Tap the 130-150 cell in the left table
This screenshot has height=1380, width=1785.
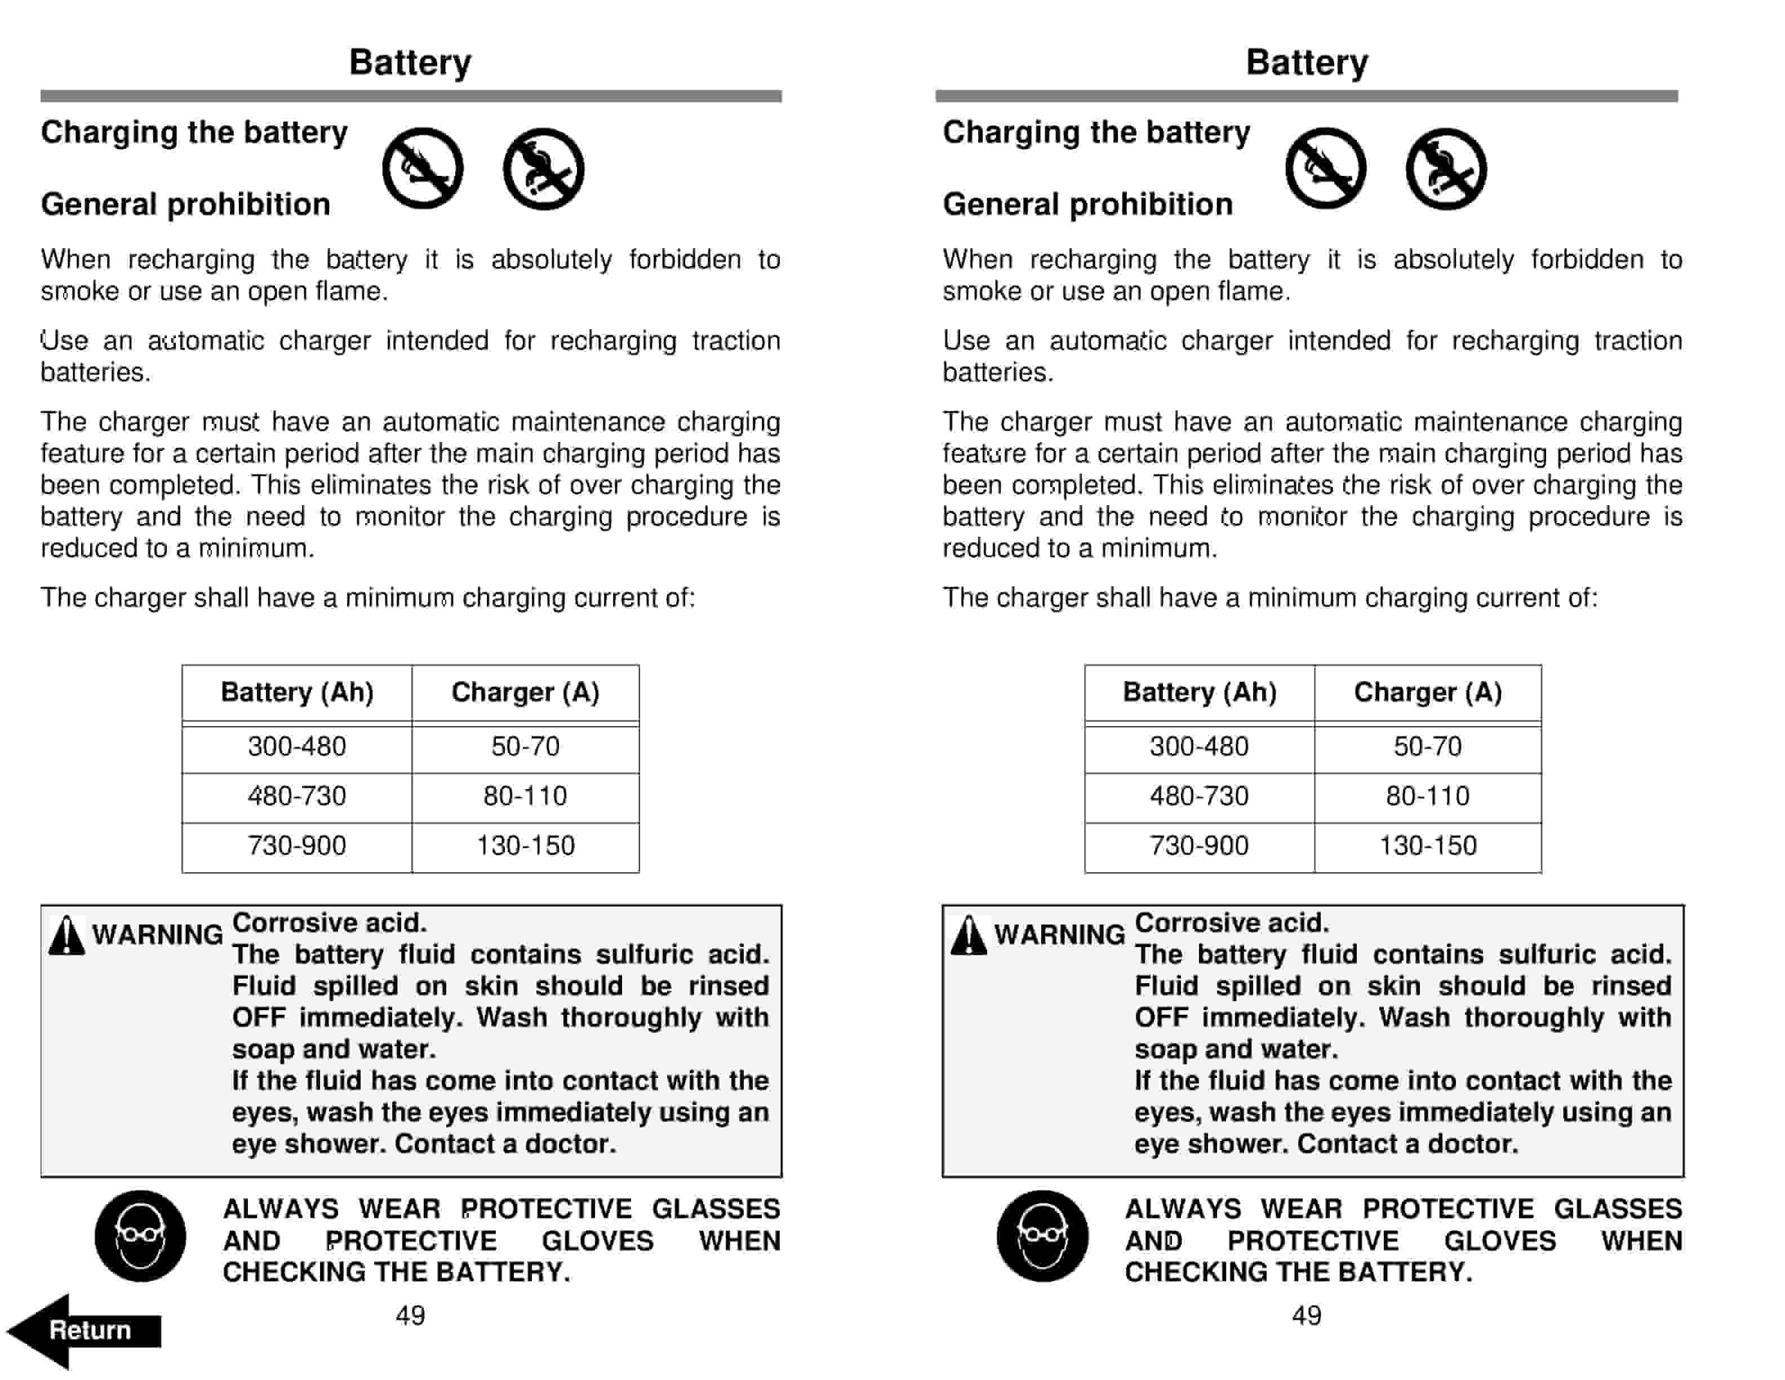pyautogui.click(x=526, y=846)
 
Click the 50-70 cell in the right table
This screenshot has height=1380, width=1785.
pyautogui.click(x=1427, y=746)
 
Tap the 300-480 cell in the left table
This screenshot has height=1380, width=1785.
pyautogui.click(x=297, y=746)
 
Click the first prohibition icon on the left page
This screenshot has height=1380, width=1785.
pyautogui.click(x=423, y=169)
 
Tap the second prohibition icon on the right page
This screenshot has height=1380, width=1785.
pyautogui.click(x=1446, y=169)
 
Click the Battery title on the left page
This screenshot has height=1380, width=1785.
pyautogui.click(x=410, y=63)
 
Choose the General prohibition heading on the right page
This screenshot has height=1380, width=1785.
pyautogui.click(x=1087, y=205)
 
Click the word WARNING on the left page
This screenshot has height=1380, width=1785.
pyautogui.click(x=157, y=935)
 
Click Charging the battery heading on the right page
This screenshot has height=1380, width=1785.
pyautogui.click(x=1096, y=132)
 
